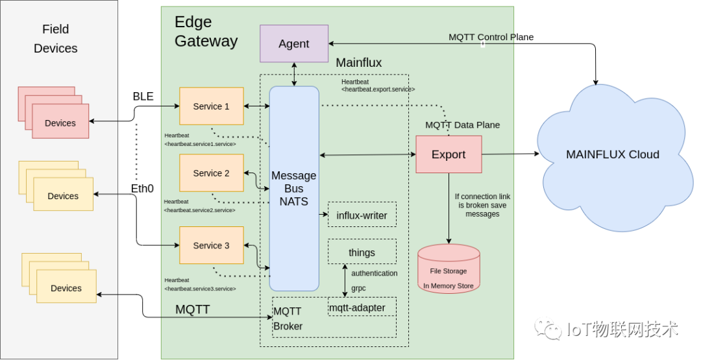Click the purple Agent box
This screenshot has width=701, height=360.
pyautogui.click(x=294, y=43)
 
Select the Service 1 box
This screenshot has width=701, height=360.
pyautogui.click(x=212, y=106)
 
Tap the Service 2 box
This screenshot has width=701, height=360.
pyautogui.click(x=212, y=173)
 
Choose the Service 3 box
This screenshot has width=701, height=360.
pyautogui.click(x=212, y=246)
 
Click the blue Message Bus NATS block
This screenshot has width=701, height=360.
pyautogui.click(x=294, y=188)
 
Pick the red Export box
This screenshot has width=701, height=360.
pyautogui.click(x=449, y=154)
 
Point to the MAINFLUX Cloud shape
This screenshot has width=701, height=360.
pyautogui.click(x=612, y=154)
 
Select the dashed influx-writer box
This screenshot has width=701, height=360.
pyautogui.click(x=362, y=215)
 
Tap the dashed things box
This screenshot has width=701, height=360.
pyautogui.click(x=362, y=252)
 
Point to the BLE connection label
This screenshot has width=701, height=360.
pyautogui.click(x=143, y=97)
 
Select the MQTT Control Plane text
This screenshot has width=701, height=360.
pyautogui.click(x=491, y=37)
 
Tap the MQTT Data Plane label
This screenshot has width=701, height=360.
pyautogui.click(x=462, y=125)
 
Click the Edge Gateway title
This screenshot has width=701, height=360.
pyautogui.click(x=206, y=32)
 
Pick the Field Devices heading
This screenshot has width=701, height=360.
pyautogui.click(x=56, y=39)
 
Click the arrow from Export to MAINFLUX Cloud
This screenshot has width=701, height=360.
pyautogui.click(x=510, y=154)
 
